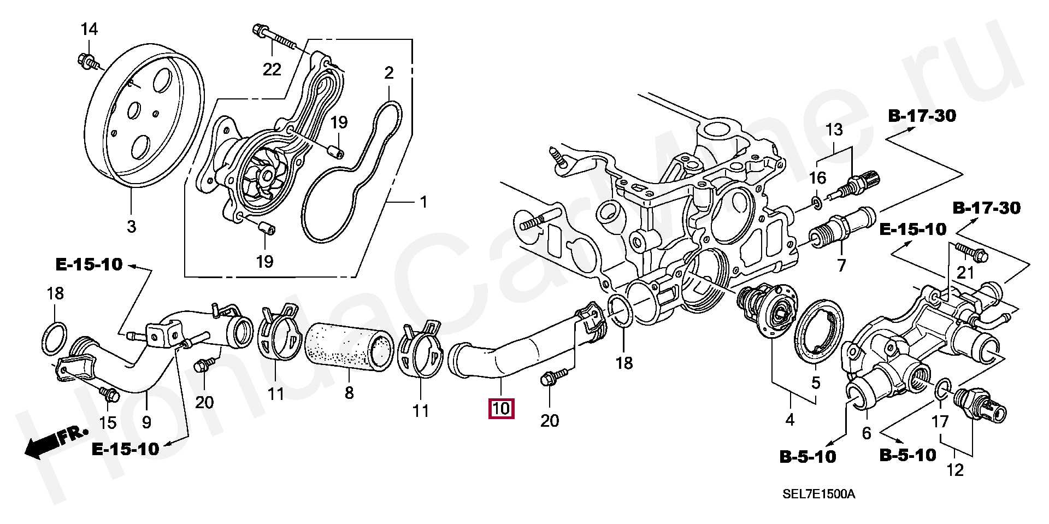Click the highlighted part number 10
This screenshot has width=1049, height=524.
tap(501, 409)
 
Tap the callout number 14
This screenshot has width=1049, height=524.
tap(89, 29)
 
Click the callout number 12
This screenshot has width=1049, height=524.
tap(955, 469)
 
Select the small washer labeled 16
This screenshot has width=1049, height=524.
tap(816, 203)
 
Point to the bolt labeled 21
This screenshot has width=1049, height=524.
tap(970, 252)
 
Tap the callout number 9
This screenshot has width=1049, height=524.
tap(146, 422)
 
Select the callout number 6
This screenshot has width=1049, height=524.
tap(867, 433)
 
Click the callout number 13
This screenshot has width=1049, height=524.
tap(834, 130)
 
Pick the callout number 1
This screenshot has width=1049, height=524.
tap(423, 203)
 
